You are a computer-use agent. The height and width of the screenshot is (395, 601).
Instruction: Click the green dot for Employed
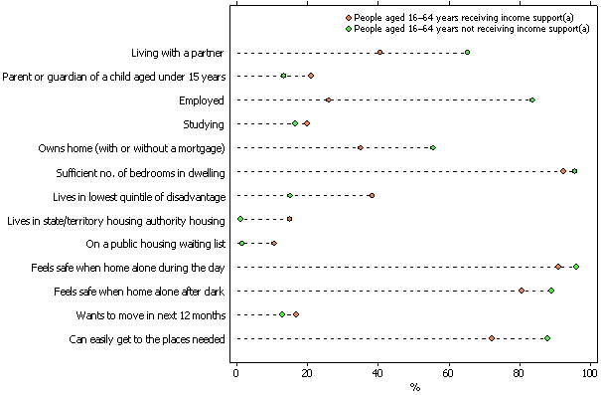pyautogui.click(x=532, y=99)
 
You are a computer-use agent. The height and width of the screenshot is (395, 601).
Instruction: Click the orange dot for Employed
pyautogui.click(x=329, y=99)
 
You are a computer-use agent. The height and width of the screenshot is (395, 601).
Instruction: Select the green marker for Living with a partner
pyautogui.click(x=467, y=52)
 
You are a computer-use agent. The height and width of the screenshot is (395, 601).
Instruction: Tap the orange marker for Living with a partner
pyautogui.click(x=379, y=52)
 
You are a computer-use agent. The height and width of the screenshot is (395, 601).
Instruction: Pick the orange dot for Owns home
pyautogui.click(x=361, y=147)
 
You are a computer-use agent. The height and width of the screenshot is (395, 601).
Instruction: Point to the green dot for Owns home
pyautogui.click(x=432, y=147)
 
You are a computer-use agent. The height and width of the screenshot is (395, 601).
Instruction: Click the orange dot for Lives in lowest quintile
pyautogui.click(x=372, y=195)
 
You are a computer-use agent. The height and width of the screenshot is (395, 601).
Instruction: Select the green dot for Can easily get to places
pyautogui.click(x=546, y=338)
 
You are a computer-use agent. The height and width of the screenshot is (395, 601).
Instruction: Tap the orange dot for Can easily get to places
pyautogui.click(x=492, y=338)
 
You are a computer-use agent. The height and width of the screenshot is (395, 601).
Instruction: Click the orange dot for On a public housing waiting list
pyautogui.click(x=274, y=243)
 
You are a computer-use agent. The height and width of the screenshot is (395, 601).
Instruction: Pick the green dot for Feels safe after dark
pyautogui.click(x=550, y=291)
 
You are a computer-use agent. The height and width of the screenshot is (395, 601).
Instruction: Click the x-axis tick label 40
pyautogui.click(x=378, y=374)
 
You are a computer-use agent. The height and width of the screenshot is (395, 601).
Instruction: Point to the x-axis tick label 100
pyautogui.click(x=590, y=374)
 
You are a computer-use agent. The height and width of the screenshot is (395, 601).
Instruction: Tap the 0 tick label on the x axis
pyautogui.click(x=236, y=374)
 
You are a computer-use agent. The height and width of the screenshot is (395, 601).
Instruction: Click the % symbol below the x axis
pyautogui.click(x=414, y=387)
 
